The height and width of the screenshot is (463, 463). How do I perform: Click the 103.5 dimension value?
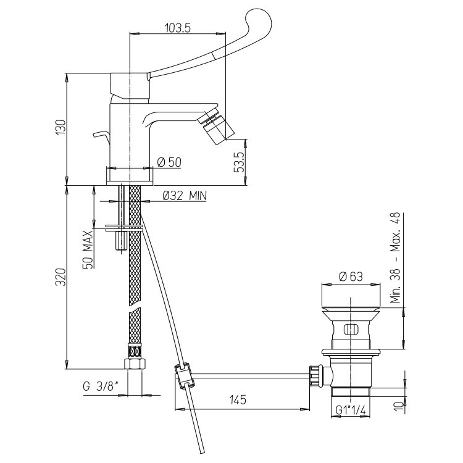[178, 28]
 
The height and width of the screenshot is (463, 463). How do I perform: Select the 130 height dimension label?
[61, 127]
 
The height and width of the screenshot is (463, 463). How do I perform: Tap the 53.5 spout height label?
[240, 162]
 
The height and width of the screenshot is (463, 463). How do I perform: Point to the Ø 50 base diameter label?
[169, 162]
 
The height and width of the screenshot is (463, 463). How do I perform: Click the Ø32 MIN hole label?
[185, 196]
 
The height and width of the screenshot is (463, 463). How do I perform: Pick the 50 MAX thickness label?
[88, 249]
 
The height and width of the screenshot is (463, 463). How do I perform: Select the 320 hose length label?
[61, 277]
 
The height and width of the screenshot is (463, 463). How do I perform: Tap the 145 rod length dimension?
[238, 400]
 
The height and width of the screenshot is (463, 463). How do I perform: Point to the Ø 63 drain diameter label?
[351, 277]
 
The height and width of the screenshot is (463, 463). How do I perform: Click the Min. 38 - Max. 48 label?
[396, 257]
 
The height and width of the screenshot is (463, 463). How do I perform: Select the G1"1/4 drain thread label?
[351, 410]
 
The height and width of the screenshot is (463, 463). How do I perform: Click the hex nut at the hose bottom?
[135, 364]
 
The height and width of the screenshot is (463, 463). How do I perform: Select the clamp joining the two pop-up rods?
[185, 375]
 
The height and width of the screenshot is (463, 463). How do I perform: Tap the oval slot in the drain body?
[351, 329]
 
